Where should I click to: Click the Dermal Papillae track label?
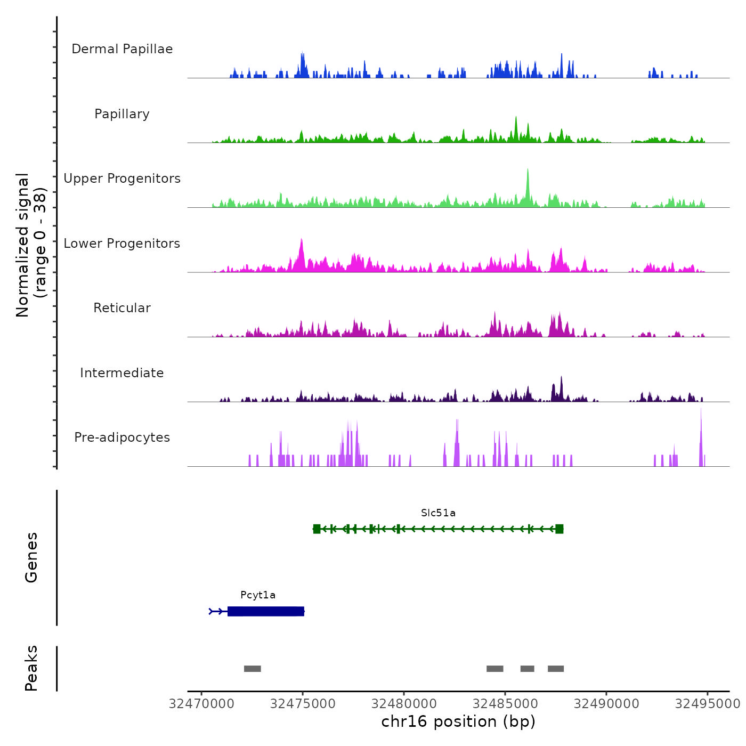pos(122,49)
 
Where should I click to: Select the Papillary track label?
pos(122,114)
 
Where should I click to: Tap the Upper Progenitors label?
pos(122,179)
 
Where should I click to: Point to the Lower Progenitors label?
pos(122,244)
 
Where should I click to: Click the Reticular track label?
pos(122,308)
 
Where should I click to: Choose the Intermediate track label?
pos(122,373)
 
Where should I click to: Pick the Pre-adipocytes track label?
pos(122,437)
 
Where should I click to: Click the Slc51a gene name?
pos(438,513)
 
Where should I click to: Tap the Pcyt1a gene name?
pos(258,595)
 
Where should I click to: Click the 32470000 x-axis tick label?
pos(201,704)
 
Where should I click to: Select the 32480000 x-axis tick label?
pos(404,704)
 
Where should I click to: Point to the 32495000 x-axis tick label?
pos(708,704)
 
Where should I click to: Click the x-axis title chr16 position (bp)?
pos(458,722)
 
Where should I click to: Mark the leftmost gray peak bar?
pos(253,669)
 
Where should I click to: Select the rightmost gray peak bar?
pos(556,669)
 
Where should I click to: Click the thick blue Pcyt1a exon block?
pos(266,611)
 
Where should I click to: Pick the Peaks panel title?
pos(31,668)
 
